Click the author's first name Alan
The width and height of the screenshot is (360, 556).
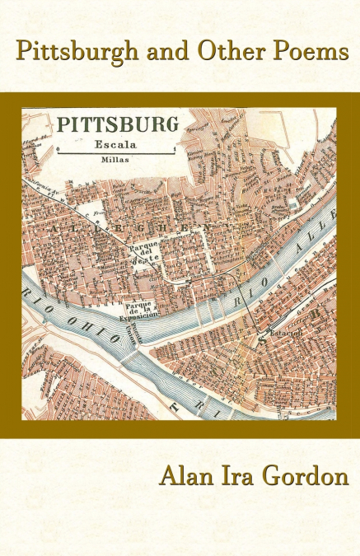[188, 478]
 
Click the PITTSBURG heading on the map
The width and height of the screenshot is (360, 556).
[117, 125]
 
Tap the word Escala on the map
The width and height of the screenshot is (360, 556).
[116, 141]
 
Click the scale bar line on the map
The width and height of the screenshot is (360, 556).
[117, 152]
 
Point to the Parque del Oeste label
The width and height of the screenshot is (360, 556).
[144, 252]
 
